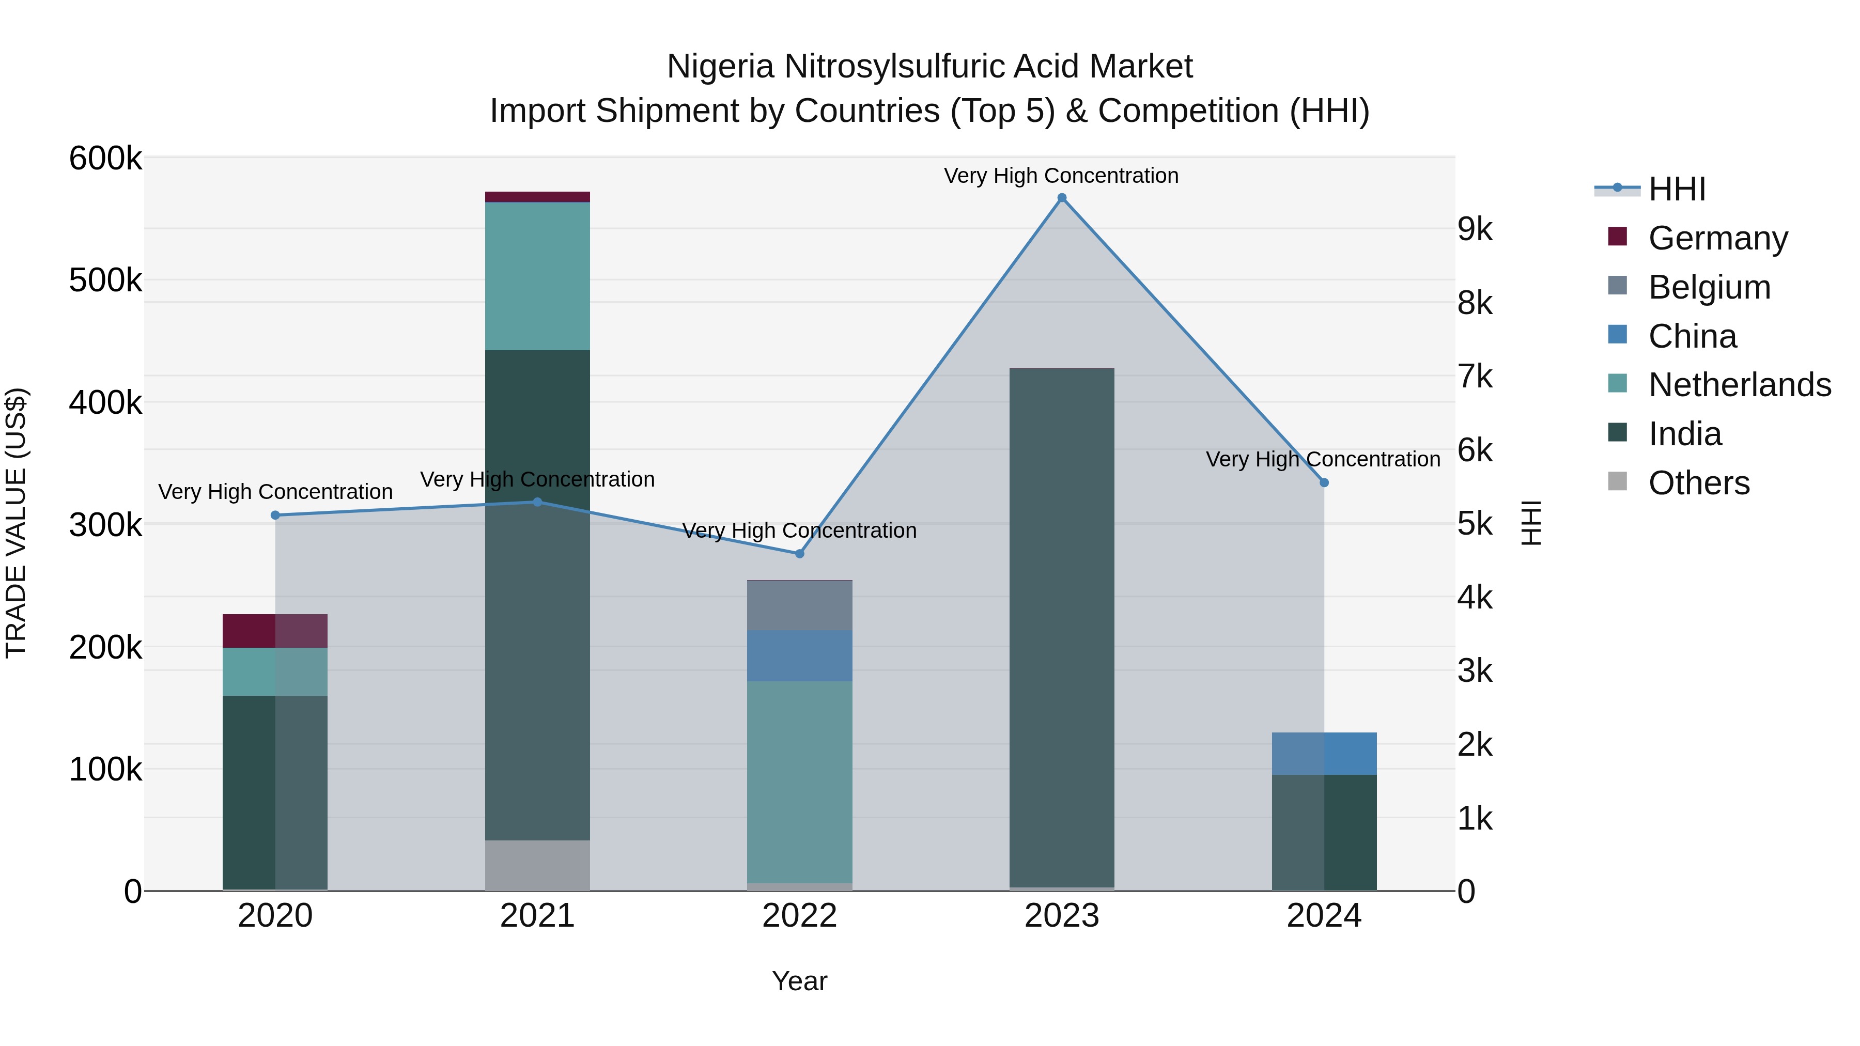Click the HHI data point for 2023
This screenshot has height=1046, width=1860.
tap(1061, 198)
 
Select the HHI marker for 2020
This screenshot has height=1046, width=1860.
tap(275, 516)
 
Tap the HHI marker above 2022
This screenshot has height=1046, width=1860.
tap(799, 554)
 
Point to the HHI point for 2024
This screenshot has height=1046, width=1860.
tap(1324, 483)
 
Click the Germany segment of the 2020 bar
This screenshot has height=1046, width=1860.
tap(275, 631)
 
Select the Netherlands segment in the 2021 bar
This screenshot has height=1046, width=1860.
tap(537, 276)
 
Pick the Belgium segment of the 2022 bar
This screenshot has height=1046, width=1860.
tap(799, 606)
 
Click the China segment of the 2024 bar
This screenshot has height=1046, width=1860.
tap(1324, 754)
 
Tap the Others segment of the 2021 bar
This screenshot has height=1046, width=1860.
tap(537, 866)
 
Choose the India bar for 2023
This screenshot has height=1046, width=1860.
tap(1061, 628)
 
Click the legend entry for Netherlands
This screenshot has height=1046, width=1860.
tap(1739, 385)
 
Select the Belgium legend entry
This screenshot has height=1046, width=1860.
tap(1709, 287)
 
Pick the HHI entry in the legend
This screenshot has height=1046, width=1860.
tap(1676, 189)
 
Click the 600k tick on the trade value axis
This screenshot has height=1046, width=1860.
tap(105, 158)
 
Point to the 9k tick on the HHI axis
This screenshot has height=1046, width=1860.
tap(1475, 229)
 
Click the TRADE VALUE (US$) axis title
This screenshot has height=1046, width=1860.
tap(16, 523)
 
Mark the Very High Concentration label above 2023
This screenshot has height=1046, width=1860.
tap(1061, 176)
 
